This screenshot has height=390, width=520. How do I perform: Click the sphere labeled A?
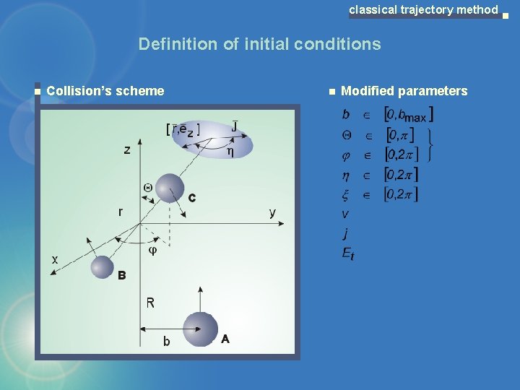(200, 329)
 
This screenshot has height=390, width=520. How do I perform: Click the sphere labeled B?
(103, 267)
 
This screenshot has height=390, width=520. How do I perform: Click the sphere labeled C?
(170, 188)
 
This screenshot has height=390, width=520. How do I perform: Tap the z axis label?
(127, 150)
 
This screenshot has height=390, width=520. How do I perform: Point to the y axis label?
(272, 212)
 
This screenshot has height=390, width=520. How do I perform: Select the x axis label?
(55, 259)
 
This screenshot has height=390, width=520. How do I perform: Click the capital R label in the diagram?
(150, 303)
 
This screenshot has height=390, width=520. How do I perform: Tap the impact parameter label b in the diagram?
(167, 342)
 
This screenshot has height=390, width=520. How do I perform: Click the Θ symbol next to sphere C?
(148, 187)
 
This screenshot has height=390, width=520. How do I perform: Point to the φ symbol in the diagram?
(152, 250)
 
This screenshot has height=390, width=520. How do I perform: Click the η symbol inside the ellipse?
(230, 152)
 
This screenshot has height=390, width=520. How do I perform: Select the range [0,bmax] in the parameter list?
(409, 114)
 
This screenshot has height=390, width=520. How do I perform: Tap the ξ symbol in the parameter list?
(346, 194)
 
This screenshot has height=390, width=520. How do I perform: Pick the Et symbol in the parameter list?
(348, 253)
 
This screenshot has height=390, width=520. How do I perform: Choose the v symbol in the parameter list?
(345, 214)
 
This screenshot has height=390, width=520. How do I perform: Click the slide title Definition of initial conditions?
(259, 44)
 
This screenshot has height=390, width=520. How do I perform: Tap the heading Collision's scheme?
(105, 91)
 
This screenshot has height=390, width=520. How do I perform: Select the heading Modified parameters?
(404, 91)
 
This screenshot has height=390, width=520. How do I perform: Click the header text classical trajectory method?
(423, 9)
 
